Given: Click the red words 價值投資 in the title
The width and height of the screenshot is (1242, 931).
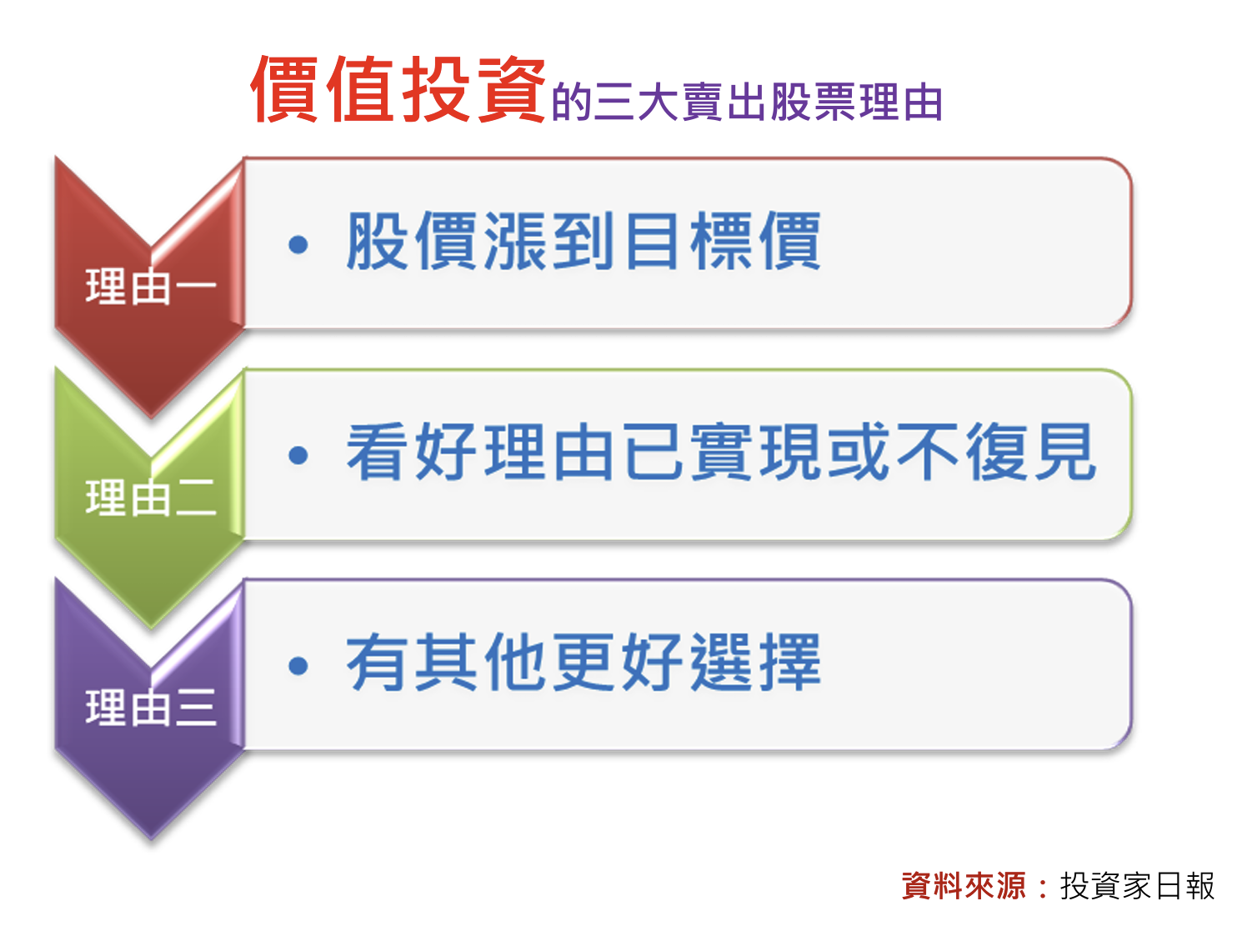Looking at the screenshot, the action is tap(398, 89).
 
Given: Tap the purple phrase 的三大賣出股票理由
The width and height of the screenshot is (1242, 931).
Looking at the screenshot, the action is tap(747, 102).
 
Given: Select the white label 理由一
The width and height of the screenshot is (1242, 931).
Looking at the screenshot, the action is tap(151, 287).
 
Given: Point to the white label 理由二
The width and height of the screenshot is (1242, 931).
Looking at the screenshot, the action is tap(151, 498).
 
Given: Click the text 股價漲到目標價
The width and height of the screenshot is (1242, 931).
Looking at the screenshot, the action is tap(583, 241).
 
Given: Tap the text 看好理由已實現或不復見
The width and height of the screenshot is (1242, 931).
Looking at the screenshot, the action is tap(721, 452).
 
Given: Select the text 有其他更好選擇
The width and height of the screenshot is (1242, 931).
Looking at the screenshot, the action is tap(583, 662).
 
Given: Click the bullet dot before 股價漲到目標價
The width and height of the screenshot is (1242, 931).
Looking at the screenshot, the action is tap(298, 245).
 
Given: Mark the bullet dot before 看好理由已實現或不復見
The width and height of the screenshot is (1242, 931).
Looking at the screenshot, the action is tap(298, 455).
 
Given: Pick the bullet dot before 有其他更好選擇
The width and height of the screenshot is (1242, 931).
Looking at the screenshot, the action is tap(298, 666).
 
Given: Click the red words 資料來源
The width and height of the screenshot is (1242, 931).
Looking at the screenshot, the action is tap(964, 886).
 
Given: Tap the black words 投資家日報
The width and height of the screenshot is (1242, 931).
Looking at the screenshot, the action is tap(1137, 886).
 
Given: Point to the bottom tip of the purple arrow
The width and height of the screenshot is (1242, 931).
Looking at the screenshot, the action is tap(151, 839).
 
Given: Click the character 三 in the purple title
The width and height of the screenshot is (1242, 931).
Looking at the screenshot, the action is tap(614, 103).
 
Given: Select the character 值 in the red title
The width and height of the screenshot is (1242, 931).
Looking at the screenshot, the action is tap(360, 89).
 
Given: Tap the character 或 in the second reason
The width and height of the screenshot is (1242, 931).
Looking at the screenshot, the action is tap(858, 452).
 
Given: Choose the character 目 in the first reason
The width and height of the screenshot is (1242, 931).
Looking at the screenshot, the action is tap(652, 241).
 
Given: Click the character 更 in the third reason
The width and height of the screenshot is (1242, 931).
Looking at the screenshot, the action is tap(583, 662).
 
